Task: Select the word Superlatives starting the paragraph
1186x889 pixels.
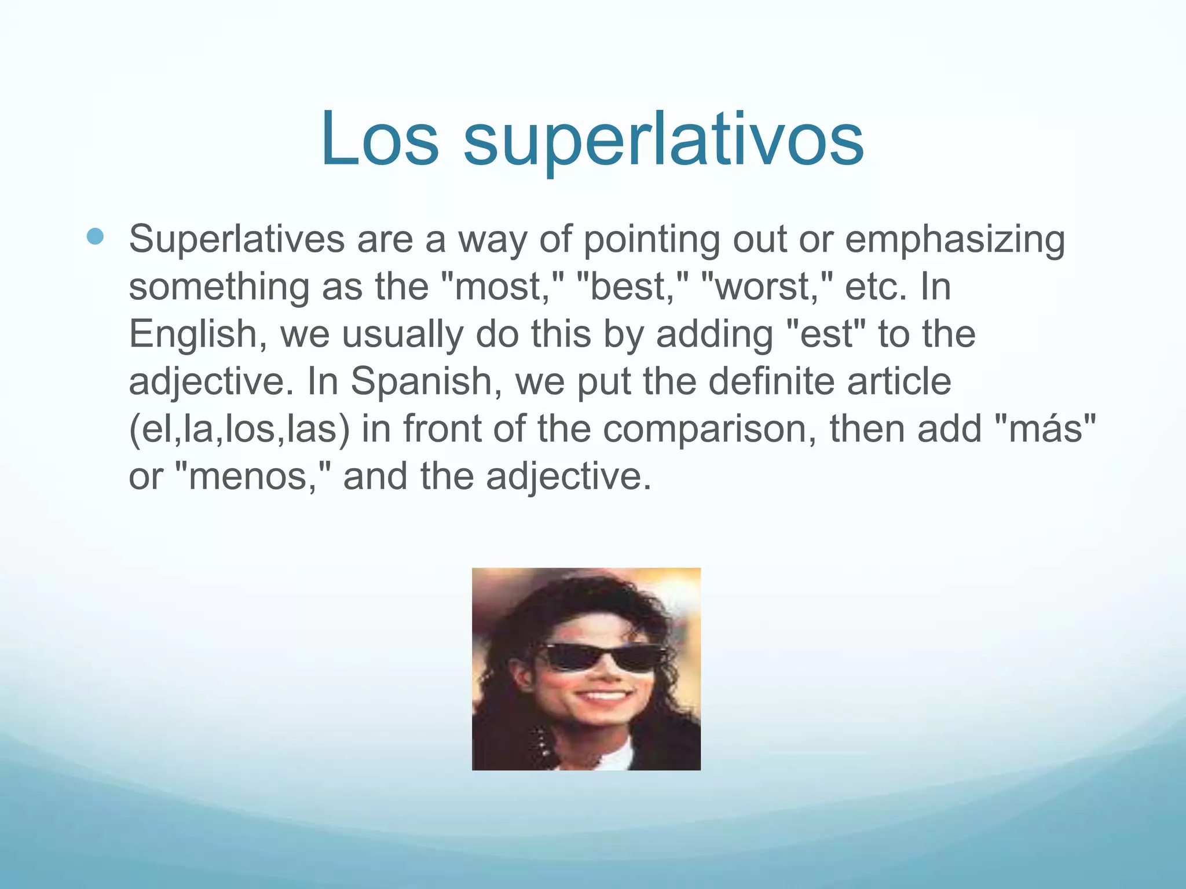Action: [236, 239]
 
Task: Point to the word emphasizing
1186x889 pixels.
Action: [955, 239]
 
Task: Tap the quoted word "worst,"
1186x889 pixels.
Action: [767, 286]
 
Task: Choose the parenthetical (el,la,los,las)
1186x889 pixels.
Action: [239, 429]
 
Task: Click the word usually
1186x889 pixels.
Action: [402, 335]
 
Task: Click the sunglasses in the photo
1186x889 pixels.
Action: [602, 657]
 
